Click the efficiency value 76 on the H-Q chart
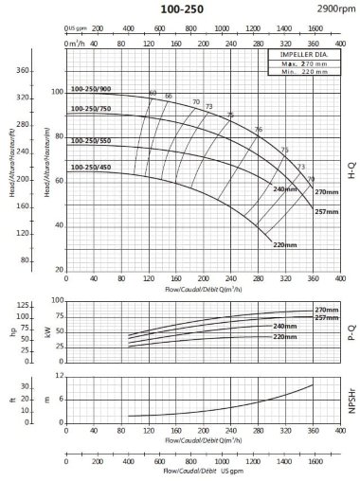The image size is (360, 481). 258,129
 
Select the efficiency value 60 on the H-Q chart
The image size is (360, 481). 153,93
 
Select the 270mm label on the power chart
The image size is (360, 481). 326,310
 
